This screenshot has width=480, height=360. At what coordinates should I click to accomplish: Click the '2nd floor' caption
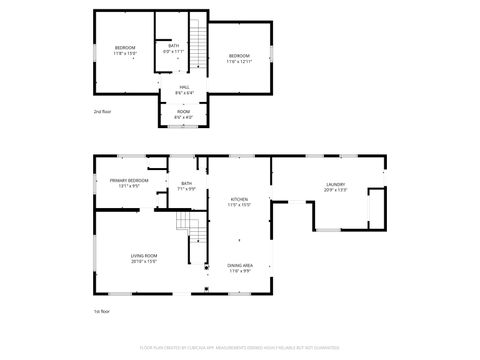(102, 111)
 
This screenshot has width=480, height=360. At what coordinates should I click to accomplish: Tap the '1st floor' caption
(101, 311)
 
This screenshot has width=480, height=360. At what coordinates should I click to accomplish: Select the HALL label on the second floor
(184, 87)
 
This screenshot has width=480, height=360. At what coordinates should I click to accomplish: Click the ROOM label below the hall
(184, 112)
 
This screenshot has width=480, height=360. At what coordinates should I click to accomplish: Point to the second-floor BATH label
(174, 45)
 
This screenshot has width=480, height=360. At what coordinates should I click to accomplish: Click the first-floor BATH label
(187, 183)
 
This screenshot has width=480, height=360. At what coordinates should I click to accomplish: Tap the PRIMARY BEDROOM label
(129, 181)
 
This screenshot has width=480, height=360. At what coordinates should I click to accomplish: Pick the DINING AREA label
(240, 265)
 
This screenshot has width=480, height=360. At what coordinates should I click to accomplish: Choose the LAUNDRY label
(334, 184)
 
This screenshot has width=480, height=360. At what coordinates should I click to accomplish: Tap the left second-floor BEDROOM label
(125, 48)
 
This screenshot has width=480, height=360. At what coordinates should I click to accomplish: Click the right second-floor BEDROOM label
(239, 56)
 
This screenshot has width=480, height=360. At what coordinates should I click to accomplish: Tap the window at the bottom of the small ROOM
(184, 126)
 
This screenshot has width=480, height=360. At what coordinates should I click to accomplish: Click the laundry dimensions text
(334, 190)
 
